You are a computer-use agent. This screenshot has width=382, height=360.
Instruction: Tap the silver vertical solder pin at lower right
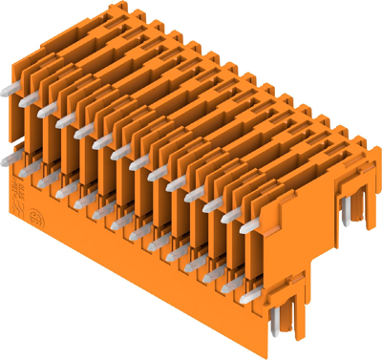click(276, 320)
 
